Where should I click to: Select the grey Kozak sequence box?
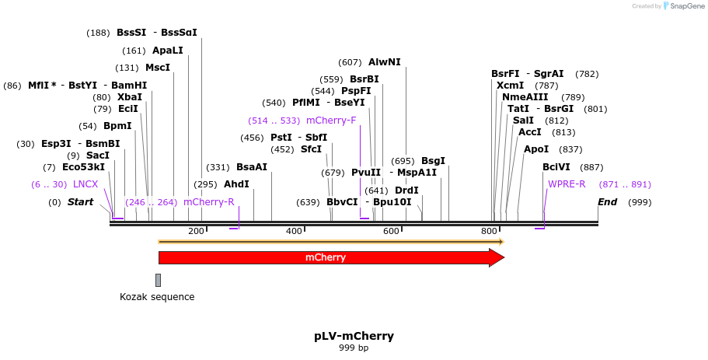pyautogui.click(x=158, y=280)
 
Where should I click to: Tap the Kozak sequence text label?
pyautogui.click(x=157, y=297)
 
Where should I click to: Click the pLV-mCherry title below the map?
pyautogui.click(x=354, y=336)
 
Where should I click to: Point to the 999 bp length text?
pyautogui.click(x=354, y=348)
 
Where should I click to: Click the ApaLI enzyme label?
pyautogui.click(x=168, y=51)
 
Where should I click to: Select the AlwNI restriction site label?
pyautogui.click(x=385, y=62)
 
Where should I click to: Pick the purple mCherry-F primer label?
pyautogui.click(x=331, y=121)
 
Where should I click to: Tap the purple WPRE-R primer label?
pyautogui.click(x=567, y=184)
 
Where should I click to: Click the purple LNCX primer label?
pyautogui.click(x=85, y=184)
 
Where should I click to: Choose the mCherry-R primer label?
pyautogui.click(x=208, y=202)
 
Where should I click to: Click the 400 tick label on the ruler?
pyautogui.click(x=294, y=231)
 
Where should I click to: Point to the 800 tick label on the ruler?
pyautogui.click(x=489, y=231)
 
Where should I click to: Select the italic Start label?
pyautogui.click(x=80, y=202)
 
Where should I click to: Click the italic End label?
pyautogui.click(x=608, y=202)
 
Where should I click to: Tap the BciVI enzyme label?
pyautogui.click(x=556, y=167)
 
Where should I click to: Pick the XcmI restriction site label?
pyautogui.click(x=510, y=86)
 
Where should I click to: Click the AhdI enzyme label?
pyautogui.click(x=236, y=184)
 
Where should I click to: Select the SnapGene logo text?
pyautogui.click(x=684, y=6)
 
